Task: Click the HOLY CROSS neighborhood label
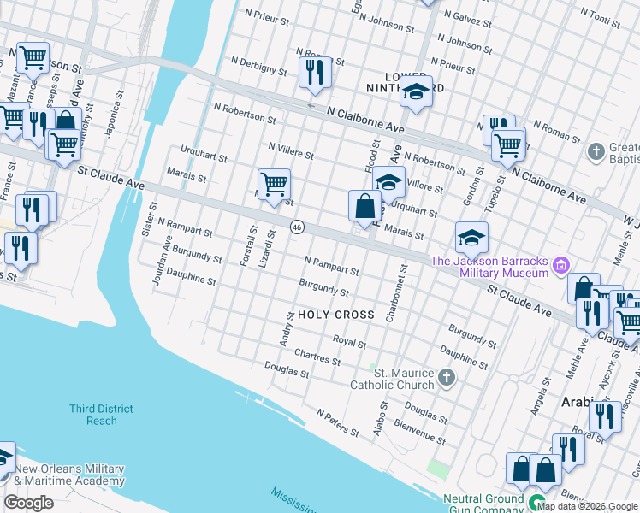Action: pyautogui.click(x=335, y=315)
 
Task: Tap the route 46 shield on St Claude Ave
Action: pyautogui.click(x=297, y=227)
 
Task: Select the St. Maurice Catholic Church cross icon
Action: pyautogui.click(x=446, y=377)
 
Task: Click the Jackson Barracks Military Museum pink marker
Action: pyautogui.click(x=562, y=265)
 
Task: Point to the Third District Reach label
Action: pyautogui.click(x=102, y=415)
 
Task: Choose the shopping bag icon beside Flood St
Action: pyautogui.click(x=364, y=206)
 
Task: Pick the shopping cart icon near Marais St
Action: pyautogui.click(x=274, y=184)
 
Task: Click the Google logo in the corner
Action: pyautogui.click(x=28, y=503)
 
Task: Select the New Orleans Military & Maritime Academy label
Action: pyautogui.click(x=69, y=475)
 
